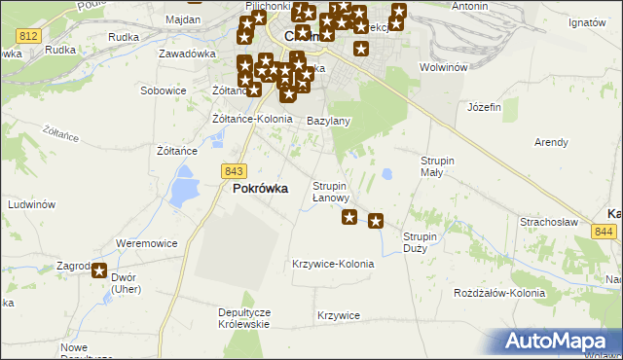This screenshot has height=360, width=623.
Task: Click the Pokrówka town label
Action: pyautogui.click(x=260, y=190)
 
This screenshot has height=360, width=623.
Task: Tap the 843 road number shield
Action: pyautogui.click(x=233, y=170)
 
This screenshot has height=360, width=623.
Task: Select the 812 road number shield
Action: pyautogui.click(x=28, y=35)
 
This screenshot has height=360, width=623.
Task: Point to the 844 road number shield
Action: pyautogui.click(x=604, y=231)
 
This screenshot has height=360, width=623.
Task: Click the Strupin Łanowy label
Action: pyautogui.click(x=330, y=192)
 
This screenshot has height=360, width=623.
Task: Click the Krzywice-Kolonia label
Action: pyautogui.click(x=333, y=264)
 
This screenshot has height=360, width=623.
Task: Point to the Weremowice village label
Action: pyautogui.click(x=145, y=242)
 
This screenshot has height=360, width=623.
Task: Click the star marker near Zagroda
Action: pyautogui.click(x=99, y=271)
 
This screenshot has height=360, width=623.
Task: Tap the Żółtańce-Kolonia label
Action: pyautogui.click(x=252, y=119)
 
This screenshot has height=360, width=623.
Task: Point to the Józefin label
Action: pyautogui.click(x=484, y=106)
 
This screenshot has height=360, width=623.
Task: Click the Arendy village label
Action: pyautogui.click(x=551, y=142)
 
